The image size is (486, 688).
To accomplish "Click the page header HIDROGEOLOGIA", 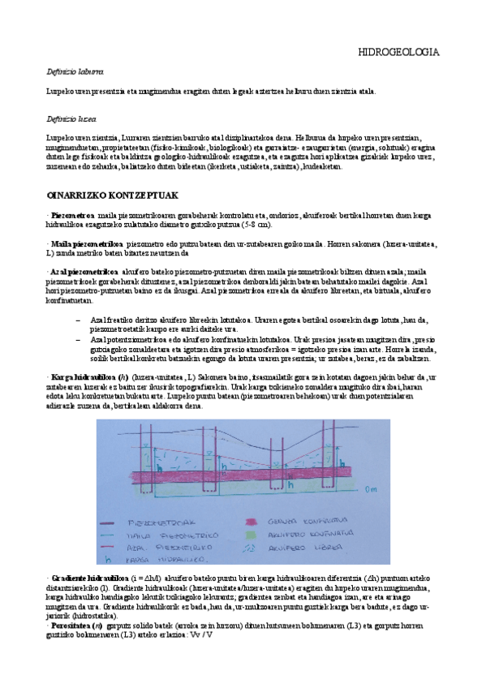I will (399, 52).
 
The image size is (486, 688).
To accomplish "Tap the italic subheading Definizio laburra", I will (74, 72).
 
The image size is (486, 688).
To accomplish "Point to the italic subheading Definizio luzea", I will (71, 118).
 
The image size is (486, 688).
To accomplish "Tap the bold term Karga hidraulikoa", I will (83, 378).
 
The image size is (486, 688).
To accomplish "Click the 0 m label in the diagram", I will (372, 489).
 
